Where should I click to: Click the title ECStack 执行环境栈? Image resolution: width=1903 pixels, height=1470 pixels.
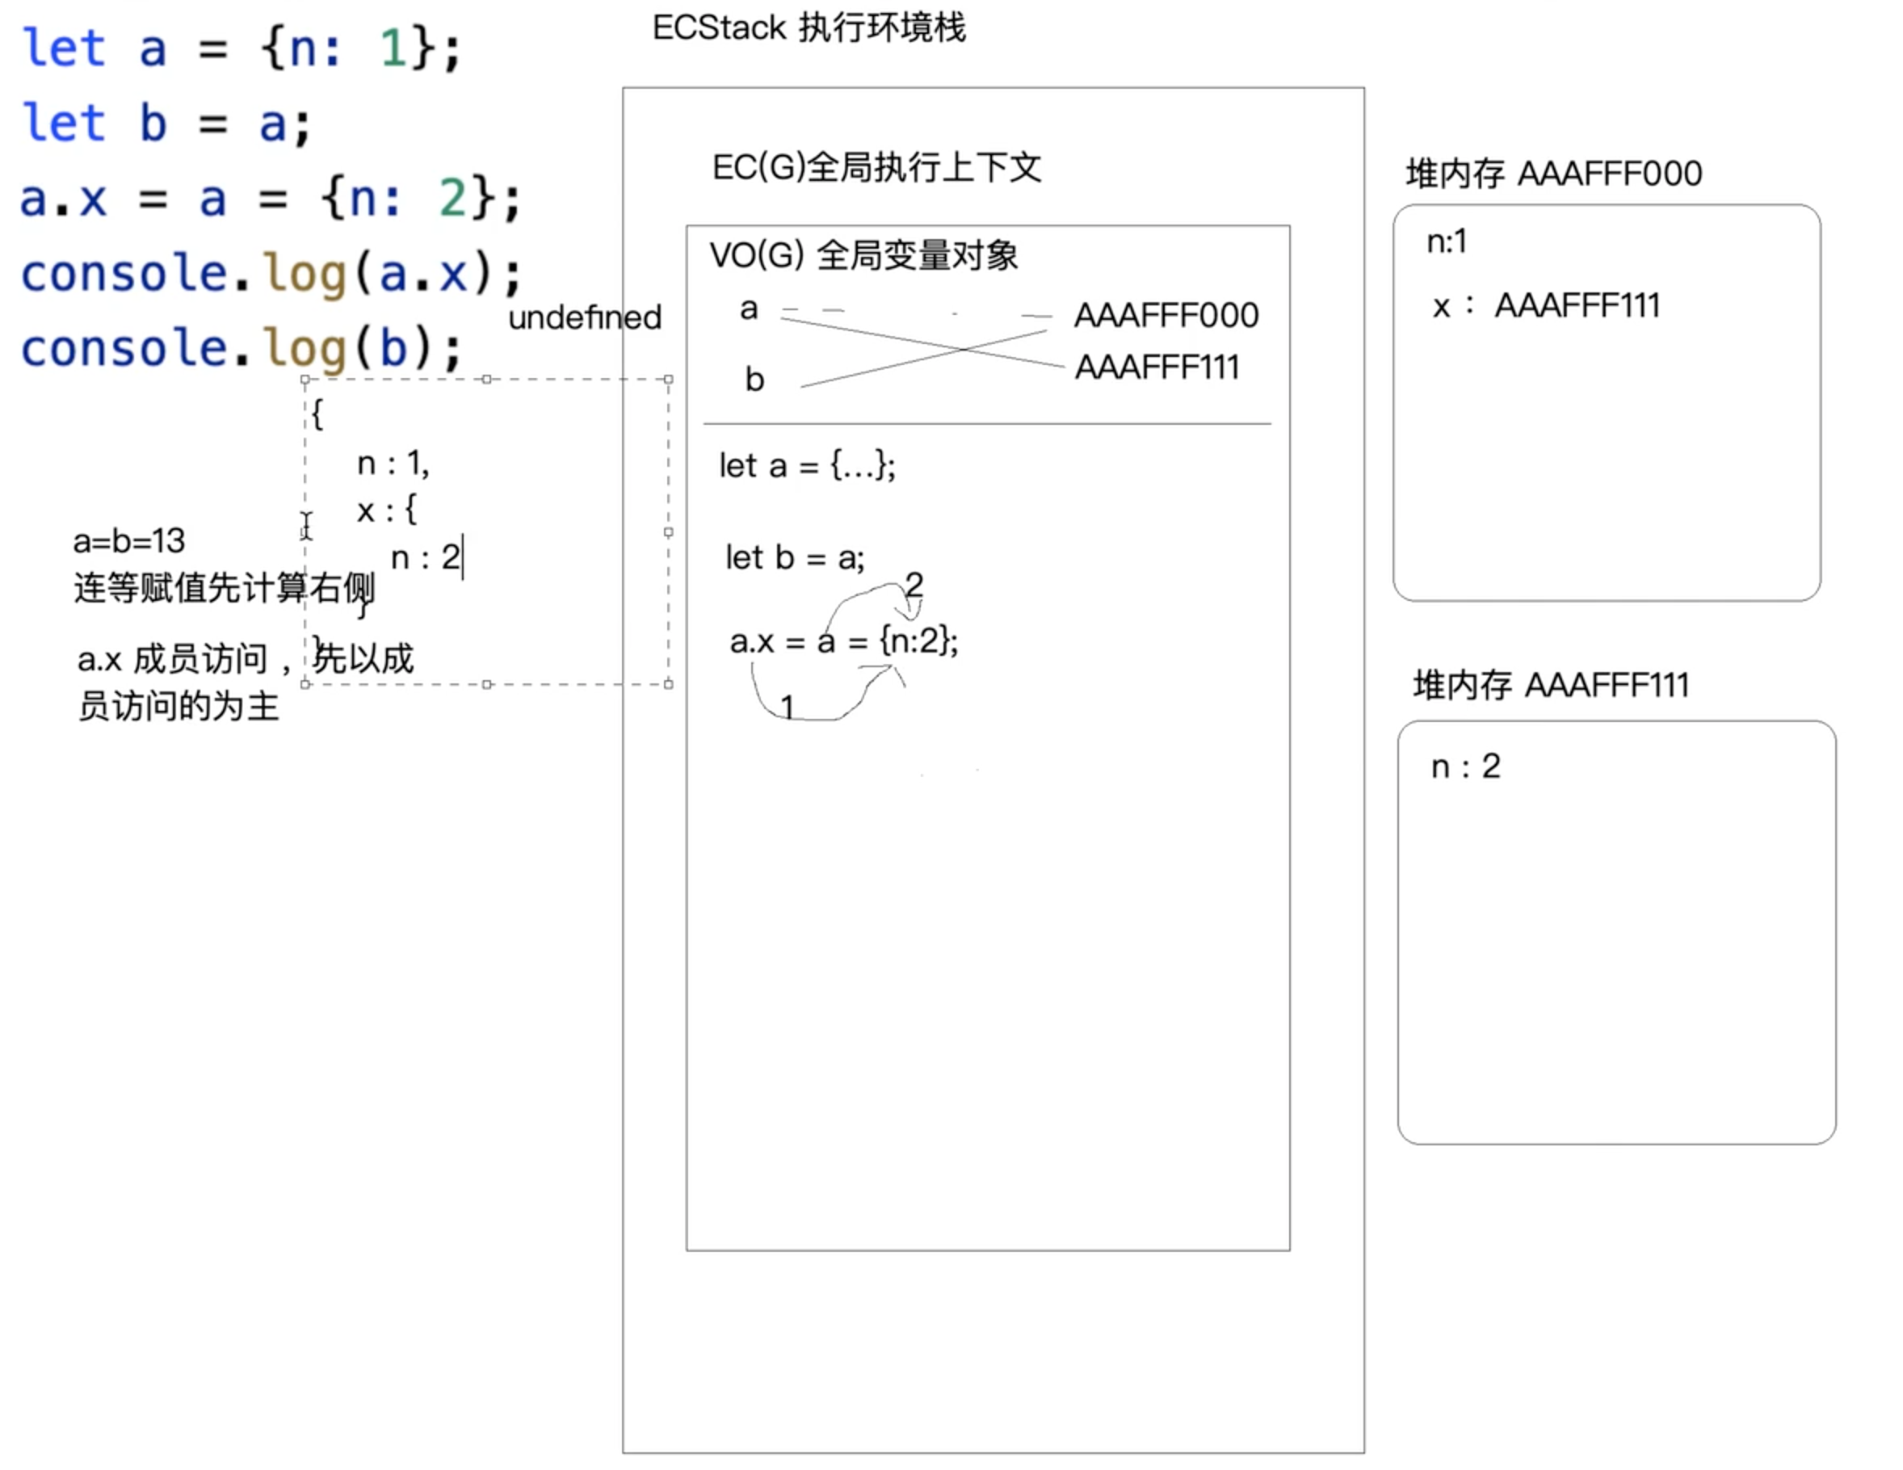(x=809, y=28)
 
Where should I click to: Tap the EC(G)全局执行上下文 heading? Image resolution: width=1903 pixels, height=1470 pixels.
(x=876, y=167)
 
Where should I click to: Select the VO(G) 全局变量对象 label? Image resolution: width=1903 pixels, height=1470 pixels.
(x=863, y=255)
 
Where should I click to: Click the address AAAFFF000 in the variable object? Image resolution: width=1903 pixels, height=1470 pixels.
(x=1166, y=316)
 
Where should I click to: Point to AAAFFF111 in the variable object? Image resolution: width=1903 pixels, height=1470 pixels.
(x=1157, y=367)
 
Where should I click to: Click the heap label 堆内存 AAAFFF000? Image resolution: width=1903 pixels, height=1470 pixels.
(x=1552, y=174)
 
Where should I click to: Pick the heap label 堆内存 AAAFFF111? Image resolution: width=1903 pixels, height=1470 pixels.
(x=1550, y=686)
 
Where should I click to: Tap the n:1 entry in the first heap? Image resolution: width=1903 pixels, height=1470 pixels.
(x=1447, y=241)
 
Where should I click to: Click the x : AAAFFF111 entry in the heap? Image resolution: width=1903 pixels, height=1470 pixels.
(x=1546, y=306)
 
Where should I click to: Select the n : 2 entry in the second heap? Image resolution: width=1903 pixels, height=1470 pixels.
(x=1465, y=766)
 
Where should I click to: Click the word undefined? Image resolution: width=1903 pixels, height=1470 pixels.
(x=585, y=318)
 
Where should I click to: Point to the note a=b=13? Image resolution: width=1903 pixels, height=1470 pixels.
(x=129, y=541)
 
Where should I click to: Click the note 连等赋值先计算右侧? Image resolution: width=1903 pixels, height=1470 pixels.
(x=223, y=588)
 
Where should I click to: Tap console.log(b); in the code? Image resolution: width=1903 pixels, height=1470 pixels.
(x=241, y=349)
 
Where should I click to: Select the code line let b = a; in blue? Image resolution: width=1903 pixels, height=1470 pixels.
(x=166, y=123)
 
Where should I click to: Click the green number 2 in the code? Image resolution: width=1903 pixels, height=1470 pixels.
(x=452, y=199)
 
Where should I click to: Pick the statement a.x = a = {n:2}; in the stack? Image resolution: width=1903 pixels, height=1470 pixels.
(x=843, y=642)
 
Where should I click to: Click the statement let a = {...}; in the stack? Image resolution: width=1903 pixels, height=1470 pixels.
(x=807, y=466)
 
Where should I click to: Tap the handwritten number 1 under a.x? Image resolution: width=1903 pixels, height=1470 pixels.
(x=787, y=707)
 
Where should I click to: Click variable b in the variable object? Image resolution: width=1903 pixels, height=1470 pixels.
(x=754, y=380)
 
